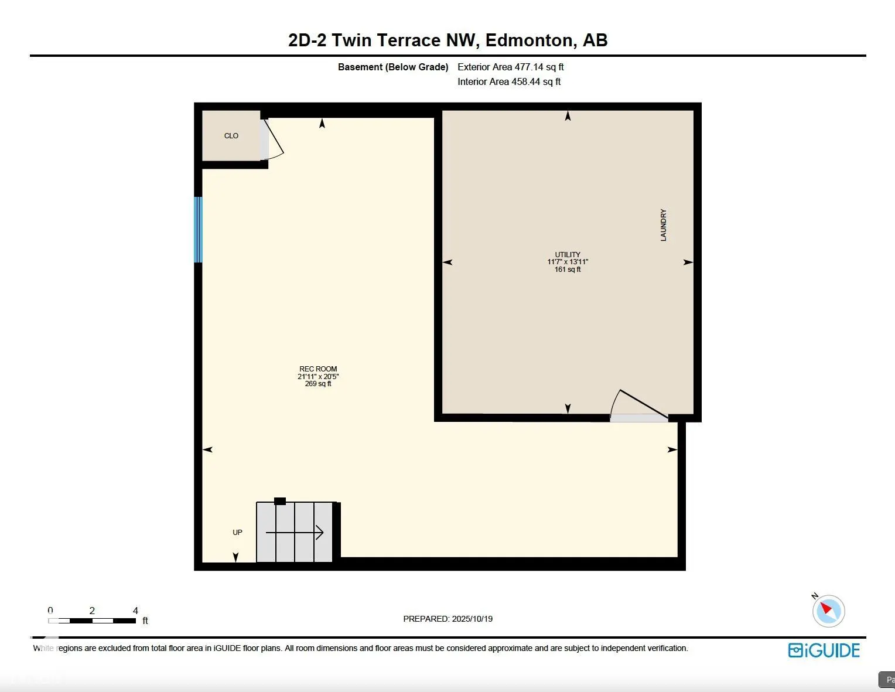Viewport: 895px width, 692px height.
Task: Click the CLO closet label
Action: point(231,136)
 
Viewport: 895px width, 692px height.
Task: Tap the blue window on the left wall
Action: point(198,230)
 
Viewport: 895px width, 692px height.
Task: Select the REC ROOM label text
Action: point(318,369)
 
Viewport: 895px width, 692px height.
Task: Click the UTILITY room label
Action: point(568,255)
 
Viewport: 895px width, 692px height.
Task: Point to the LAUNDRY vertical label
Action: point(664,225)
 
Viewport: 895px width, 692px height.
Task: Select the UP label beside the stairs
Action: point(237,533)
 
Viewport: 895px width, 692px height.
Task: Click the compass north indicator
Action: point(828,611)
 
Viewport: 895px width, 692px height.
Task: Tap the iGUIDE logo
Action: point(824,650)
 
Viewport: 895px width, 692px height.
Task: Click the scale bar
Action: point(92,621)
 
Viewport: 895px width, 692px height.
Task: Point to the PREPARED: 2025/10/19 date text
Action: point(448,619)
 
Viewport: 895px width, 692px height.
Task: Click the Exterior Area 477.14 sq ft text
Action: point(510,67)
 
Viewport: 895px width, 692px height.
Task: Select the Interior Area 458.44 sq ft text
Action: point(509,82)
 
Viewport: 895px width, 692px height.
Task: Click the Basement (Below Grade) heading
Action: point(392,67)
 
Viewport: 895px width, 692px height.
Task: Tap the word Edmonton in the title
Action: point(530,40)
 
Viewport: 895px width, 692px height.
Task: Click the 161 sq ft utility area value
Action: point(568,270)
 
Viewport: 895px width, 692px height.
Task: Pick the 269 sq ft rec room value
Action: point(318,384)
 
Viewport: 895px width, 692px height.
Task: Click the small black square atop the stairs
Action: point(280,501)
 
